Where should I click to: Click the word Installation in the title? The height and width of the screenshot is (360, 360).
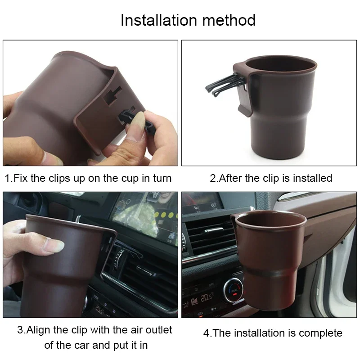click(x=159, y=20)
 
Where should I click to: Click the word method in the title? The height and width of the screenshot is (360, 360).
click(x=229, y=20)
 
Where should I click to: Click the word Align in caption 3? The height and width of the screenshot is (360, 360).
click(x=38, y=331)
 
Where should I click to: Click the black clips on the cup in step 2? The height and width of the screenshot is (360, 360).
click(x=226, y=85)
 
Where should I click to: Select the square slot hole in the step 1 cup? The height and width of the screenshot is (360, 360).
click(x=112, y=95)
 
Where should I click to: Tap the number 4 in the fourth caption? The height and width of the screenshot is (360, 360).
click(x=207, y=333)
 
